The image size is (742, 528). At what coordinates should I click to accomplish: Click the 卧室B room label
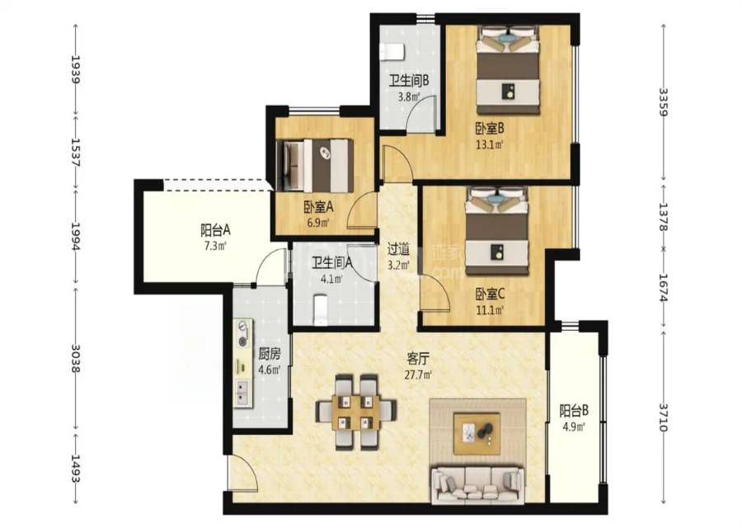click(490, 129)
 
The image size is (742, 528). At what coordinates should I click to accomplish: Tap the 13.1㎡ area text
click(490, 144)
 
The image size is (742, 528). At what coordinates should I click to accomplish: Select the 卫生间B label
click(409, 81)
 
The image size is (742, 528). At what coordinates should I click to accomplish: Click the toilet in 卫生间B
click(392, 52)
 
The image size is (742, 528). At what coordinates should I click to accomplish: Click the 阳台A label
click(215, 231)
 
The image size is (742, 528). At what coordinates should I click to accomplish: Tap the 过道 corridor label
click(398, 249)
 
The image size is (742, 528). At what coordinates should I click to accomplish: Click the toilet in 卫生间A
click(321, 309)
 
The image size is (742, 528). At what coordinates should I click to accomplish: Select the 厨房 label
click(270, 354)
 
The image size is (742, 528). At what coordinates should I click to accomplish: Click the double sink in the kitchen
click(244, 393)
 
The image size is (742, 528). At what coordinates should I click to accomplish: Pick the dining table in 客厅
click(356, 412)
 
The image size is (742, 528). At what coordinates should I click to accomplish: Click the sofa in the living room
click(478, 485)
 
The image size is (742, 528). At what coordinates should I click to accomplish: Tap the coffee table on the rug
click(477, 433)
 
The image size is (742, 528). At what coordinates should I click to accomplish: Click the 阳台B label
click(574, 410)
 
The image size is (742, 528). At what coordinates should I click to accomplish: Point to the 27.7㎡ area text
click(418, 375)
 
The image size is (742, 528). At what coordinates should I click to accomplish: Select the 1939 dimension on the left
click(75, 69)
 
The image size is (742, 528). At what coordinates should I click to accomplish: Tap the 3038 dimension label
click(75, 358)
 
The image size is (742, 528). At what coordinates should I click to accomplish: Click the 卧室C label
click(491, 295)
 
